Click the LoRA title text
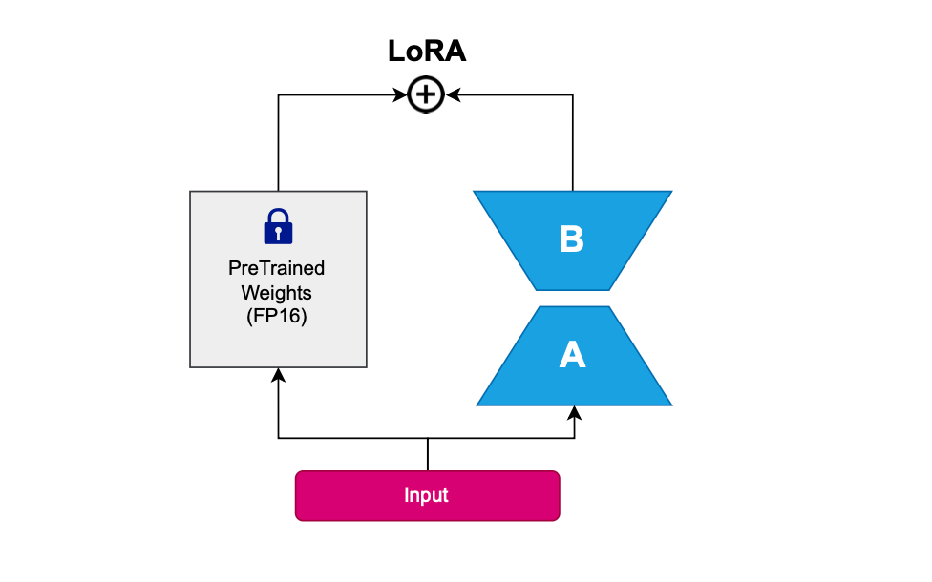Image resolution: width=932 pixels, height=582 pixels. (427, 52)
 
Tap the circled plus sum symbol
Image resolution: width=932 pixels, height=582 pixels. (426, 94)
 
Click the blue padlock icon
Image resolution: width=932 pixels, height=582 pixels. (278, 226)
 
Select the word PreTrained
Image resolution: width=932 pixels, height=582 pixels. (276, 268)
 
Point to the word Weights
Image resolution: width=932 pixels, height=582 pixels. (276, 293)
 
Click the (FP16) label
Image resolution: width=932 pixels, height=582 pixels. (276, 316)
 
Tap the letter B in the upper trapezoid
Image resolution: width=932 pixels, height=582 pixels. (571, 239)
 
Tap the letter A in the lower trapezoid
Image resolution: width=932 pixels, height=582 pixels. (572, 355)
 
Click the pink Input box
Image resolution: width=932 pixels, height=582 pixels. (428, 496)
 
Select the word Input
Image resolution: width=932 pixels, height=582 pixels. (426, 495)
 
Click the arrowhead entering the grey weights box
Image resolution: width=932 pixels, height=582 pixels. (278, 375)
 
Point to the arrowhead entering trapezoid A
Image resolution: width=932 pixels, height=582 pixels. (574, 413)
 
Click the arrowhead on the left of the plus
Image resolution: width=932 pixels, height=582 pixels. (400, 94)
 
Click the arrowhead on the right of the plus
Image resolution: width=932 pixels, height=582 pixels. (453, 94)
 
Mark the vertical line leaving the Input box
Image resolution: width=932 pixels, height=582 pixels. (428, 455)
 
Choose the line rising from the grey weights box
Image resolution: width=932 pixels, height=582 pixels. (278, 142)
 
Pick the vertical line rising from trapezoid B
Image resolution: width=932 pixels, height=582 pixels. (572, 142)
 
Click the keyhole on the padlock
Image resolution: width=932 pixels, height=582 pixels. (278, 233)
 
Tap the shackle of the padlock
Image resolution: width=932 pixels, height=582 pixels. (278, 216)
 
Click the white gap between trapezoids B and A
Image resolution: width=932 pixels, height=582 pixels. (573, 298)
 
